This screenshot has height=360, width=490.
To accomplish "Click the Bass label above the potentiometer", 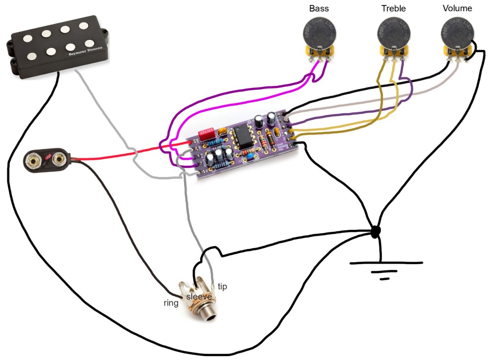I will [319, 8].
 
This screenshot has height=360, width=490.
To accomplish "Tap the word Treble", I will [393, 8].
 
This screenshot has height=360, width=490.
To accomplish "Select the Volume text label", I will [457, 8].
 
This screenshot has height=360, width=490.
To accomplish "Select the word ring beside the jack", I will [171, 303].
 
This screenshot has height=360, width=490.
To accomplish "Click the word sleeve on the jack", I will [199, 297].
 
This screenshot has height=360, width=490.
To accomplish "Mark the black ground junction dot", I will [376, 231].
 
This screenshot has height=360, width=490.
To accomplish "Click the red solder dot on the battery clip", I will [47, 157].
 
